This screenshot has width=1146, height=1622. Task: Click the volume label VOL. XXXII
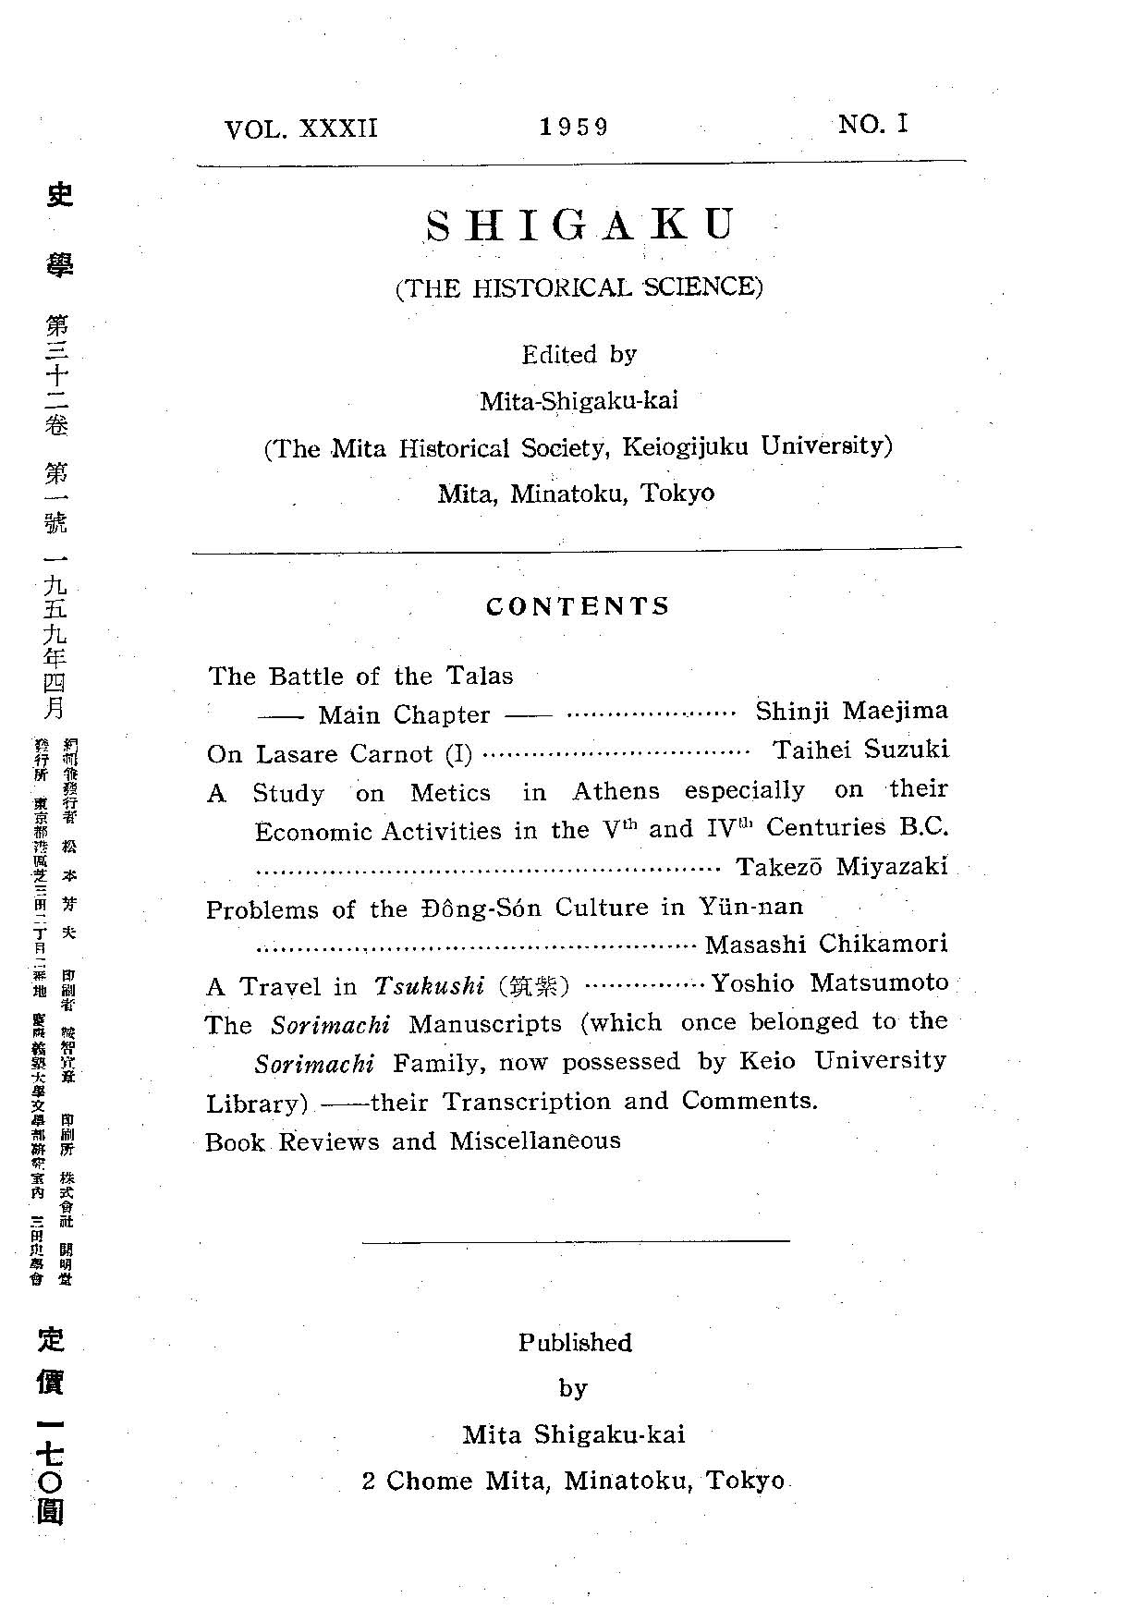[x=301, y=128]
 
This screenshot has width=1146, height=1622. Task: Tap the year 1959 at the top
[x=574, y=127]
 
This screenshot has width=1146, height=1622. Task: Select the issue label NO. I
[x=873, y=124]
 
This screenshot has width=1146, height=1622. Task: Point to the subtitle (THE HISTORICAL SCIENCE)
[x=579, y=287]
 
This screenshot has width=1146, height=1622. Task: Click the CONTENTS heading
[x=578, y=606]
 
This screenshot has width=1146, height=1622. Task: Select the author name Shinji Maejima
[x=851, y=711]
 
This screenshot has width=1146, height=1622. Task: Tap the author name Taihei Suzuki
[x=860, y=750]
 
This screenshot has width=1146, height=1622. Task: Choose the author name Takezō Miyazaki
[x=841, y=867]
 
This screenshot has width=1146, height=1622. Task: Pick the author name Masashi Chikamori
[x=826, y=944]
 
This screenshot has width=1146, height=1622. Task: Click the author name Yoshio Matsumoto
[x=829, y=982]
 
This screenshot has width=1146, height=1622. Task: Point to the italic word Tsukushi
[x=429, y=985]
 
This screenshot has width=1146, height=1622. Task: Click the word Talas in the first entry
[x=480, y=676]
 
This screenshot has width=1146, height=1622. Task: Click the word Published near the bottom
[x=574, y=1342]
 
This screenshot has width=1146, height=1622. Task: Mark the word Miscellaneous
[x=535, y=1141]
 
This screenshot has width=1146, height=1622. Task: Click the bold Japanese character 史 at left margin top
[x=58, y=194]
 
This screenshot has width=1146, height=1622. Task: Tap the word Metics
[x=450, y=793]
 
